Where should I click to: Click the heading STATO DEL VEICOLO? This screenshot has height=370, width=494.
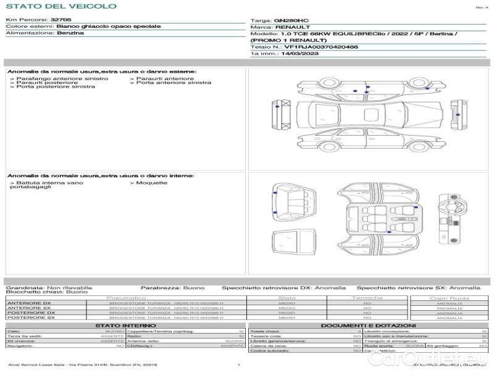pos(61,7)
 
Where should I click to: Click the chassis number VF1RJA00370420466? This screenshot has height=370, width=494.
pos(321,46)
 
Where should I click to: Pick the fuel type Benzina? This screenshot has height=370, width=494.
pos(70,33)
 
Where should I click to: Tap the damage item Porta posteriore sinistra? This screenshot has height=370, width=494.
pos(56,87)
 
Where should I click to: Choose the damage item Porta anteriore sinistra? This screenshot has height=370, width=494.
pos(174,83)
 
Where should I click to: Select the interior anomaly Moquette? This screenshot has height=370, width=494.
pos(151,183)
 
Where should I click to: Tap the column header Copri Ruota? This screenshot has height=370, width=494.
pos(450,298)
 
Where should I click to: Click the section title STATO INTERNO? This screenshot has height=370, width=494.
pos(122,325)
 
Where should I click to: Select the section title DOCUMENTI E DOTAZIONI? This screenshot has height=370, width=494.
pos(368,325)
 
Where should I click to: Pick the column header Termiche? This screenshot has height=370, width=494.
pos(367,298)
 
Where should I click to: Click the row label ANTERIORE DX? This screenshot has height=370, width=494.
pos(29,303)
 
